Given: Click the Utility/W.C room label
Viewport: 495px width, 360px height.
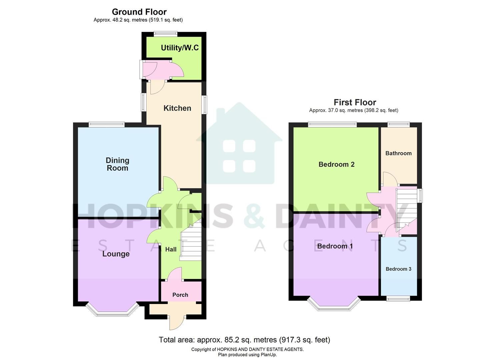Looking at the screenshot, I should click(x=180, y=48).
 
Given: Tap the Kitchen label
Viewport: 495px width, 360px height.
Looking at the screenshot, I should click(x=177, y=108).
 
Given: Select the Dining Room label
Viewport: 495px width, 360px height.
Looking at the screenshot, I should click(x=117, y=164).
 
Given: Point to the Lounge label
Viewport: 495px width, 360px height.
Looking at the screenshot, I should click(x=116, y=254).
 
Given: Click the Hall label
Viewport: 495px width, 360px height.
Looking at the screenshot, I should click(x=171, y=249).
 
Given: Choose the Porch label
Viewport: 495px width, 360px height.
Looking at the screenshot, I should click(x=180, y=295).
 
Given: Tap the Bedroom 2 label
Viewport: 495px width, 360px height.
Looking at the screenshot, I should click(x=336, y=164).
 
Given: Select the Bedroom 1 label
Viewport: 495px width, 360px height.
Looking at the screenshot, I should click(x=335, y=246).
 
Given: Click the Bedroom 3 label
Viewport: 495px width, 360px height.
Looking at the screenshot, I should click(x=398, y=269).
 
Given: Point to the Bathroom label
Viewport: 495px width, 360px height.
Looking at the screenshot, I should click(x=398, y=153).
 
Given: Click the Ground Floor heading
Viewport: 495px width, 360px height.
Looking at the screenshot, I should click(x=139, y=12).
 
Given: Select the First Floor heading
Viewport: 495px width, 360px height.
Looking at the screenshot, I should click(x=355, y=102).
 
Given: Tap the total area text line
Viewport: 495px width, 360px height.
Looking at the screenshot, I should click(x=244, y=340).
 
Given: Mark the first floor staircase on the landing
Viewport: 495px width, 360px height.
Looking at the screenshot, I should click(x=406, y=210).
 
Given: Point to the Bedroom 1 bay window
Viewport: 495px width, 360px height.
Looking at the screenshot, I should click(x=334, y=307).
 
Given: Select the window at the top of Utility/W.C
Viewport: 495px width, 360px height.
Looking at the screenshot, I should click(x=165, y=33).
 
